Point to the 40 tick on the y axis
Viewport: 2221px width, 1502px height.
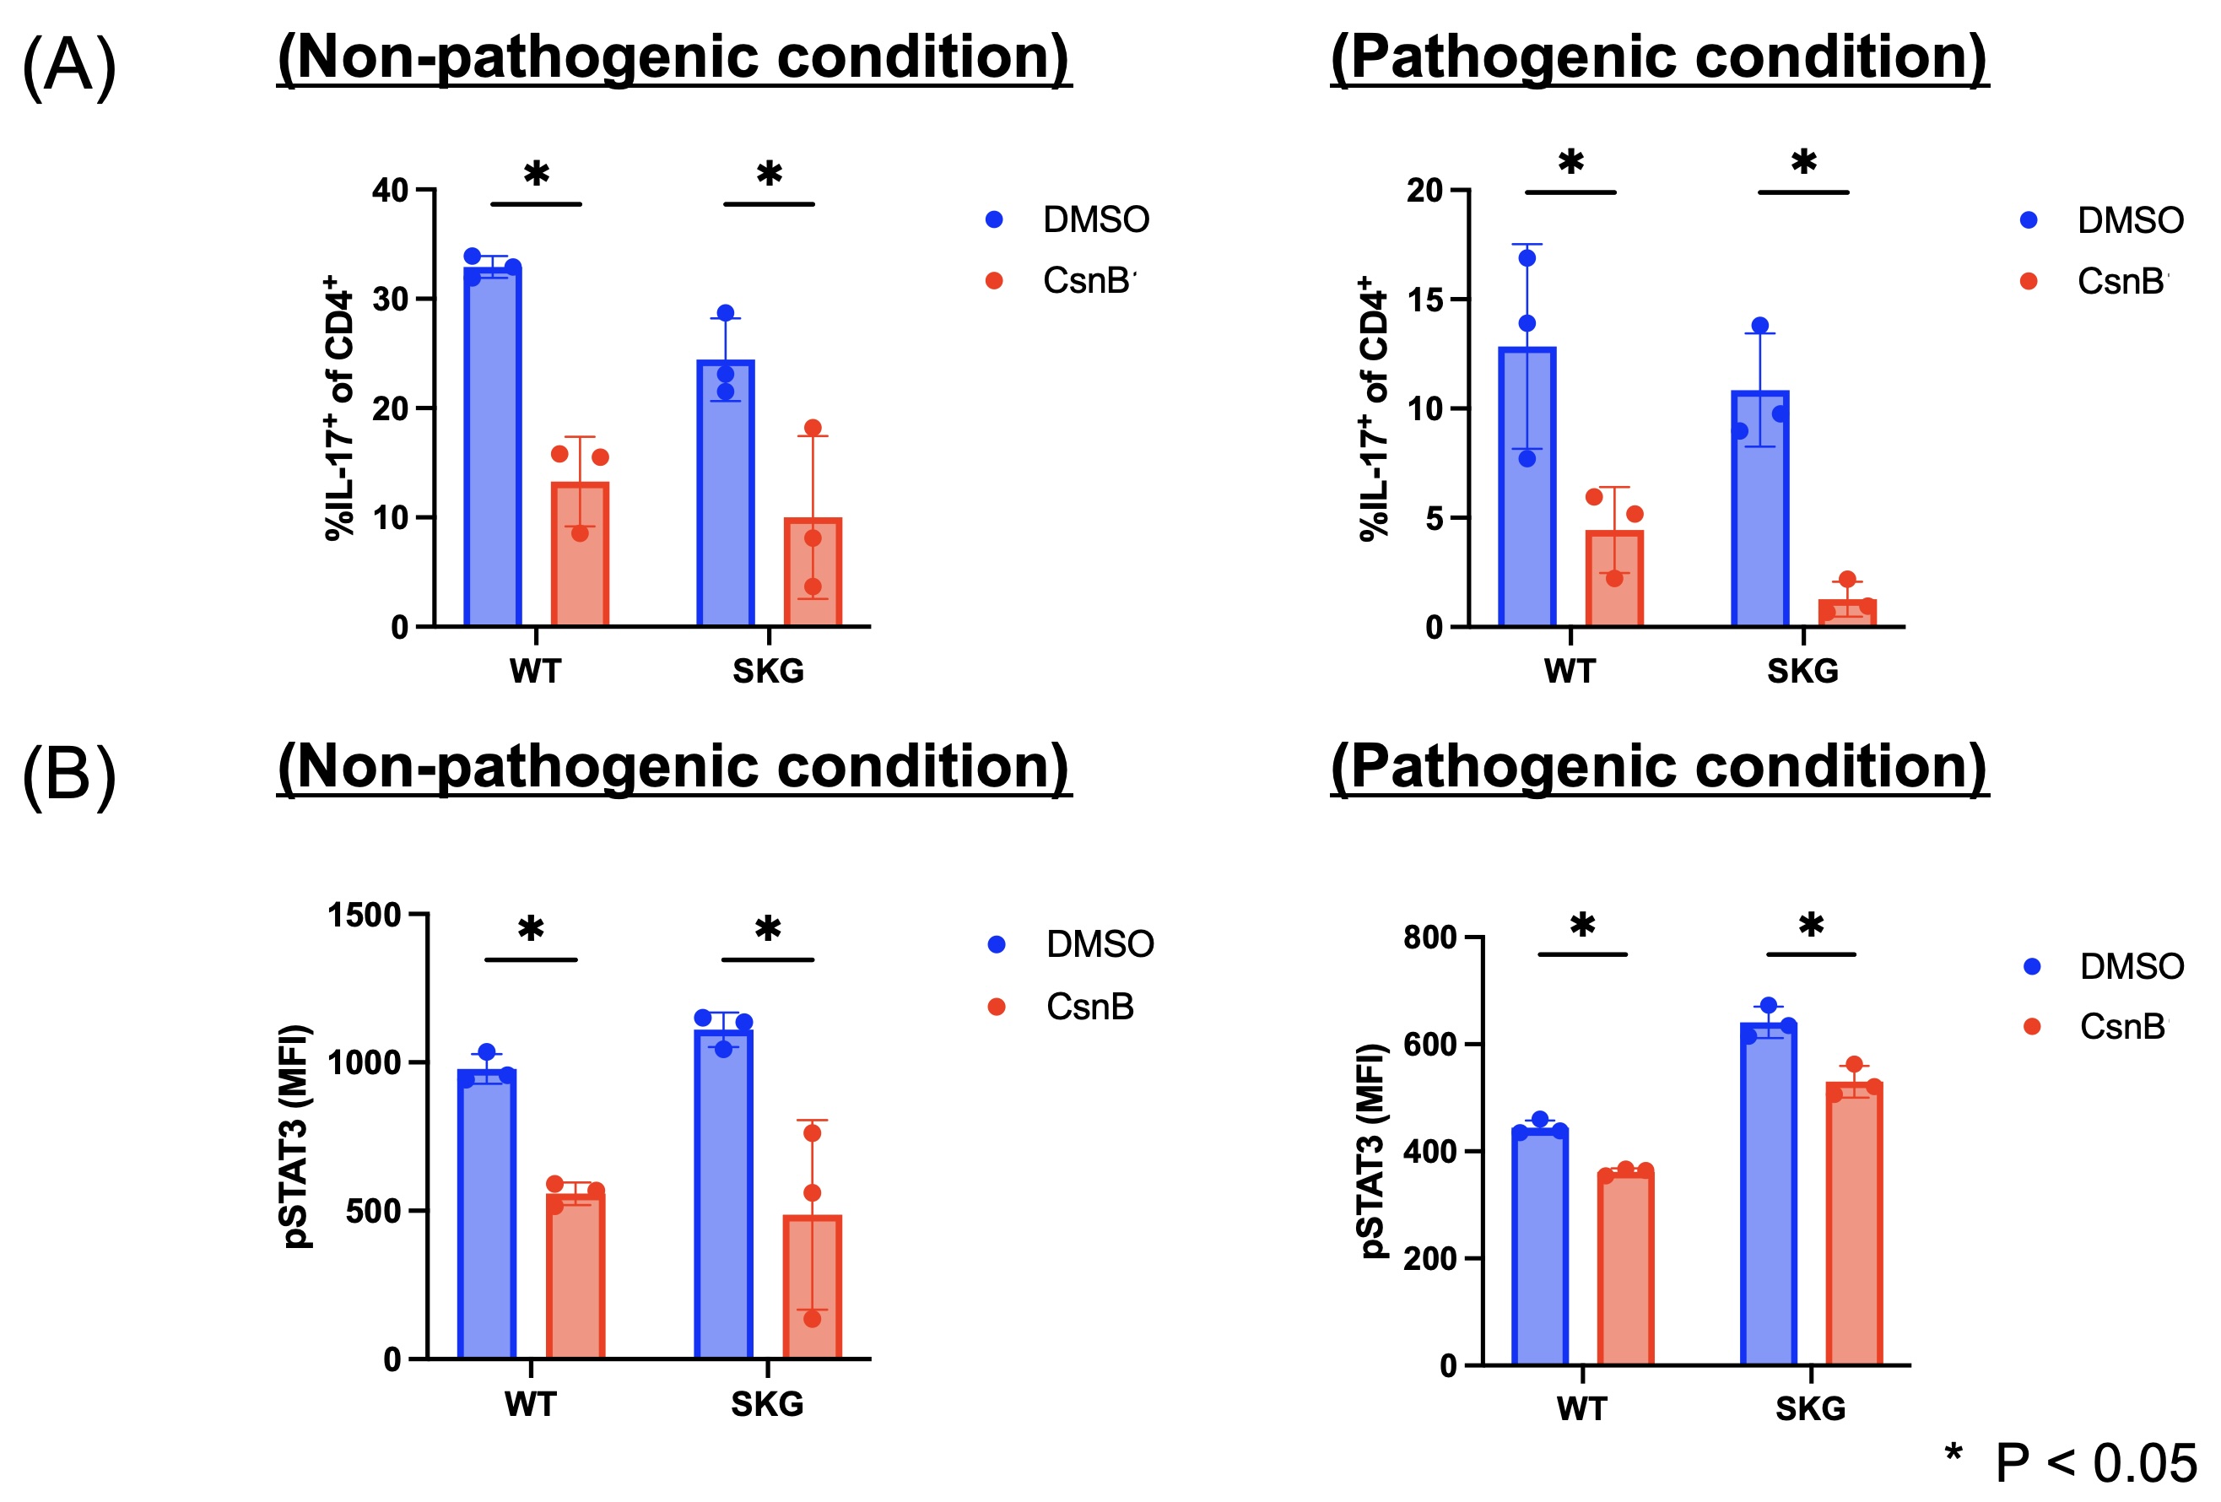click(x=391, y=190)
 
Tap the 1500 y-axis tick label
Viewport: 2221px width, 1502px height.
click(x=364, y=916)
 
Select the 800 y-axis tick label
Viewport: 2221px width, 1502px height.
click(x=1429, y=937)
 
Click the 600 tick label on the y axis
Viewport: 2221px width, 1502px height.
click(x=1429, y=1045)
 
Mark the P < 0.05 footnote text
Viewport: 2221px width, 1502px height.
click(x=2095, y=1463)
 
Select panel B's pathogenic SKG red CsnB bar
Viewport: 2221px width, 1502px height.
click(x=1854, y=1223)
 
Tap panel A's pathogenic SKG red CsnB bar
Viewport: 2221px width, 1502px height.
click(x=1846, y=613)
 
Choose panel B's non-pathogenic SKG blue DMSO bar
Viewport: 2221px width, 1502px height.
click(x=723, y=1194)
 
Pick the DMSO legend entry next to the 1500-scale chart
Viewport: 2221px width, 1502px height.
click(x=1099, y=945)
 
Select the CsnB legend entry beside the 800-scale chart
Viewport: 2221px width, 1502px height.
click(x=2121, y=1027)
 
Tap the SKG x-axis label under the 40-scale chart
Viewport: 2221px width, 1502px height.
click(x=769, y=672)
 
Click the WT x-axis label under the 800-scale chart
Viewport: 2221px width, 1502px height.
click(x=1581, y=1409)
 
